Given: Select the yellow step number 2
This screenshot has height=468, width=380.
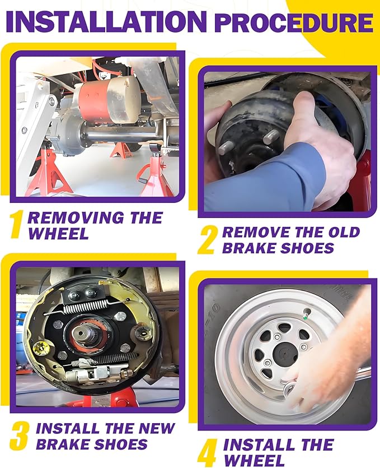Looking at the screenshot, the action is click(x=207, y=240).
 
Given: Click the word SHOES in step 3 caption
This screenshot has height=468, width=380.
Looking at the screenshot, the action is click(x=121, y=444).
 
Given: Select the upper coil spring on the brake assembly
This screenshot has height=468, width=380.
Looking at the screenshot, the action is click(x=92, y=307).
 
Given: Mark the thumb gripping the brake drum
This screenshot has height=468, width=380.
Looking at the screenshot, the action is click(x=301, y=108).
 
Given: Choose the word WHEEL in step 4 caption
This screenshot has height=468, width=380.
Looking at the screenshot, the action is click(x=254, y=460).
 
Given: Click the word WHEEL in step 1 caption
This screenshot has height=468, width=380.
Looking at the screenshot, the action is click(x=58, y=233).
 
